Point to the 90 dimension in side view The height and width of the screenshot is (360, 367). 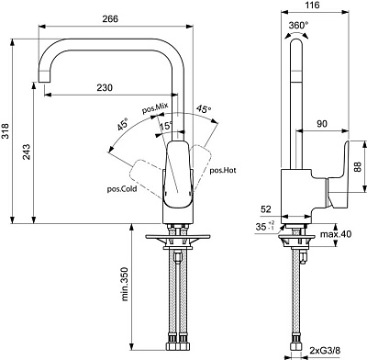coord(320,122)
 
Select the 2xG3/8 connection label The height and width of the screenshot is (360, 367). coord(330,350)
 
